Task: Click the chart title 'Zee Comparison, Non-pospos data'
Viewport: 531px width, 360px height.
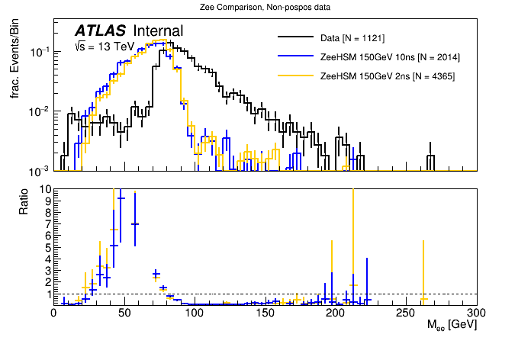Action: pyautogui.click(x=265, y=7)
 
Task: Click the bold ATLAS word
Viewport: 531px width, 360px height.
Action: pyautogui.click(x=100, y=31)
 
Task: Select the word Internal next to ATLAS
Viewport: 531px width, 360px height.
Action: pyautogui.click(x=158, y=31)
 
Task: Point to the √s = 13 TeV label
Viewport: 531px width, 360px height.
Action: pyautogui.click(x=104, y=47)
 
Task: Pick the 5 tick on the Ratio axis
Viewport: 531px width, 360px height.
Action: pyautogui.click(x=47, y=247)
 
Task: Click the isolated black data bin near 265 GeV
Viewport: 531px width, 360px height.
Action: pyautogui.click(x=430, y=162)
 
